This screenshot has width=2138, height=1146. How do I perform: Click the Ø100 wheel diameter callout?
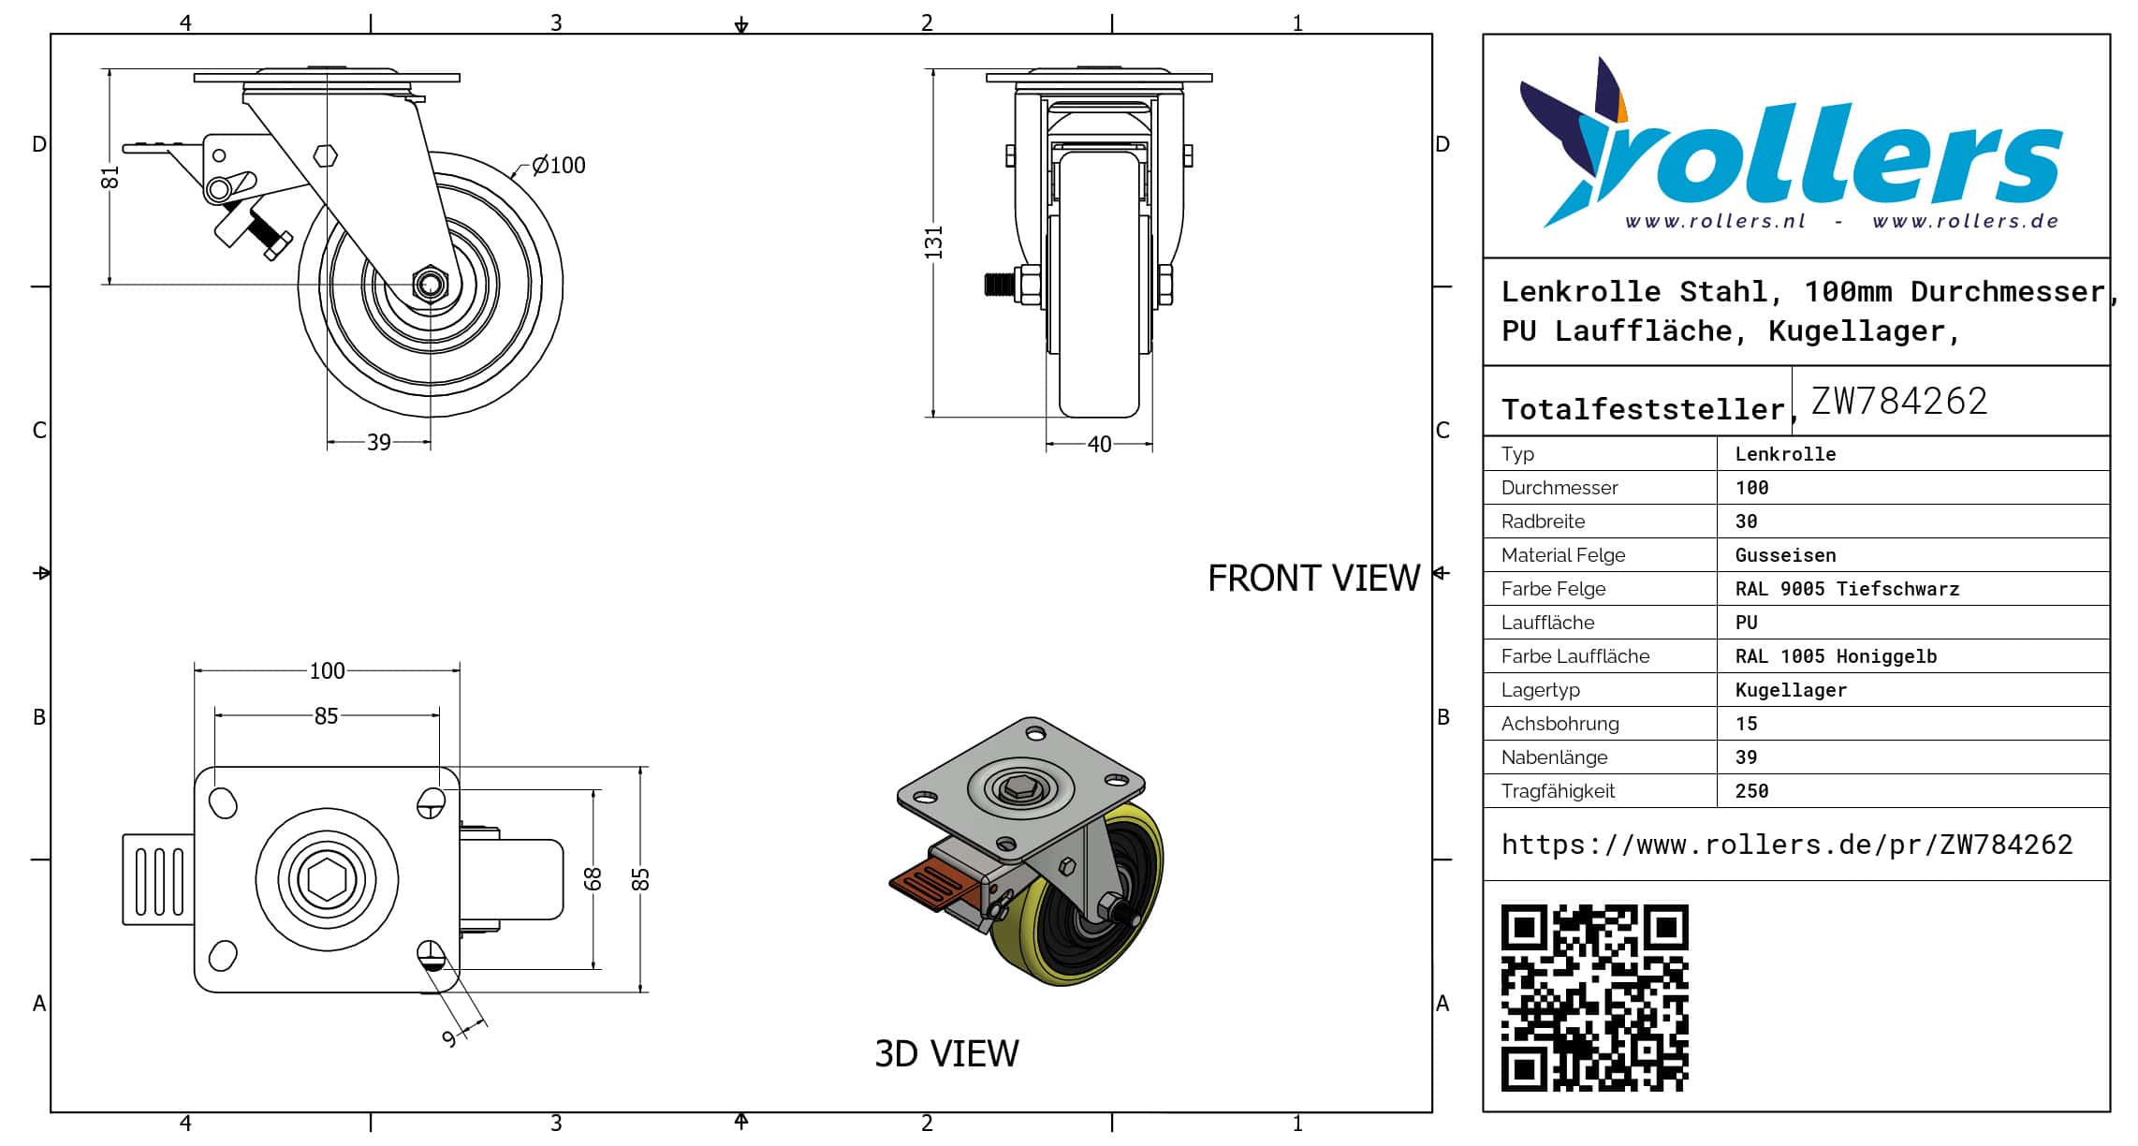click(x=559, y=166)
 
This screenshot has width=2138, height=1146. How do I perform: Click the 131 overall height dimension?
click(x=933, y=242)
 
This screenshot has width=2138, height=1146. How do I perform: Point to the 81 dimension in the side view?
click(x=110, y=177)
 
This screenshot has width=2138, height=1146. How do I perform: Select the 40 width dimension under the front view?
click(x=1100, y=444)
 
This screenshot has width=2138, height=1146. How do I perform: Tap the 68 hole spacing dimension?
click(x=593, y=878)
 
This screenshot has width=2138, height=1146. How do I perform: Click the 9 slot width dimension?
click(x=450, y=1038)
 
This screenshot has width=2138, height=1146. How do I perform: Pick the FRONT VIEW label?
click(x=1313, y=579)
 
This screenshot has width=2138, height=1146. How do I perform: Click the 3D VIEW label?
click(x=946, y=1054)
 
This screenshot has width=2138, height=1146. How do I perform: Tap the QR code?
click(x=1594, y=997)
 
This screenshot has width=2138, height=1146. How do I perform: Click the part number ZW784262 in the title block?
click(x=1898, y=402)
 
